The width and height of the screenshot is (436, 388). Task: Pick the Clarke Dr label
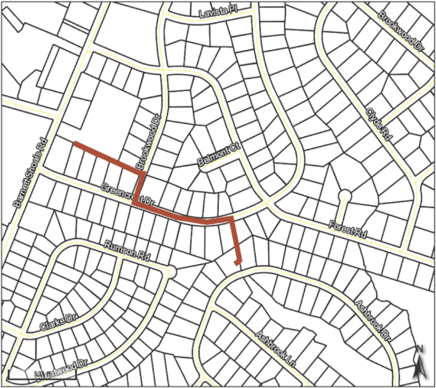pos(60,322)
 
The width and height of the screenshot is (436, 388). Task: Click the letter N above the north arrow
pos(419,351)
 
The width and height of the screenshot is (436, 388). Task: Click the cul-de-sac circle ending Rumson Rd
pos(172,271)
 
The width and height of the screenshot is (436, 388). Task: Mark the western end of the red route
pos(74,143)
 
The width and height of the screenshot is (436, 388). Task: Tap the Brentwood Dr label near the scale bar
pos(61,371)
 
